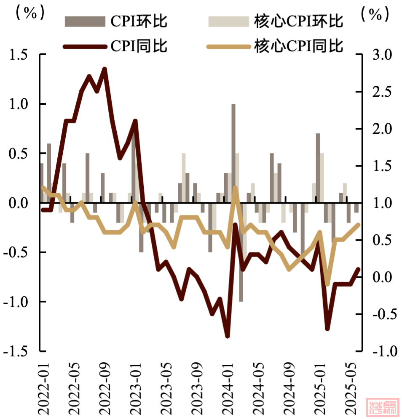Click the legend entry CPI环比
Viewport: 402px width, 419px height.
[x=116, y=21]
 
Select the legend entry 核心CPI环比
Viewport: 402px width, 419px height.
[x=276, y=21]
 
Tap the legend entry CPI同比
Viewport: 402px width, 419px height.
[x=116, y=45]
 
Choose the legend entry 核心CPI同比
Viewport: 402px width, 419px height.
[x=276, y=45]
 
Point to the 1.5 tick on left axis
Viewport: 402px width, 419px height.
[x=19, y=55]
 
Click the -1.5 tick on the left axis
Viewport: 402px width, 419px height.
[x=17, y=351]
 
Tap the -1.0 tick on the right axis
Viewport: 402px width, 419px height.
[x=380, y=351]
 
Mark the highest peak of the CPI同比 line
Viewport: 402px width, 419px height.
[x=105, y=69]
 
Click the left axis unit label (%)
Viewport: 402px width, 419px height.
[x=29, y=13]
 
